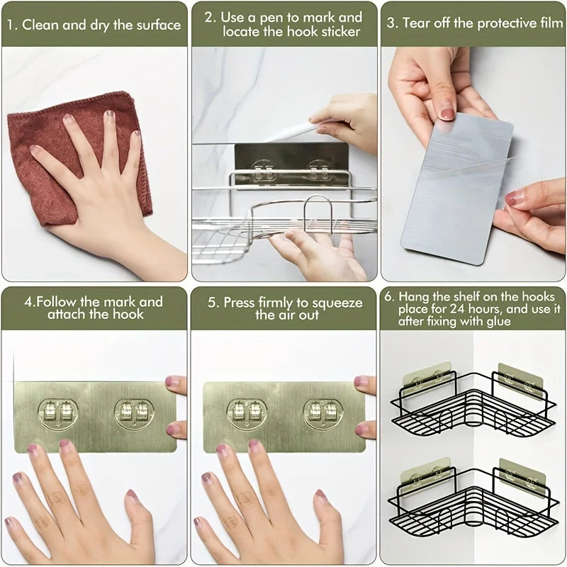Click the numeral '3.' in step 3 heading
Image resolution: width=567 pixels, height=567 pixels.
[x=392, y=23]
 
